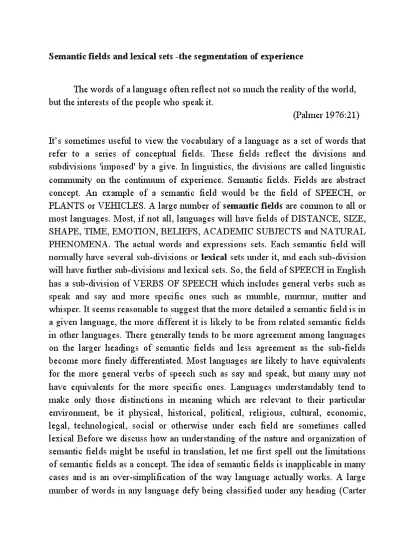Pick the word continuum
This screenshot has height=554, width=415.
[x=145, y=179]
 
